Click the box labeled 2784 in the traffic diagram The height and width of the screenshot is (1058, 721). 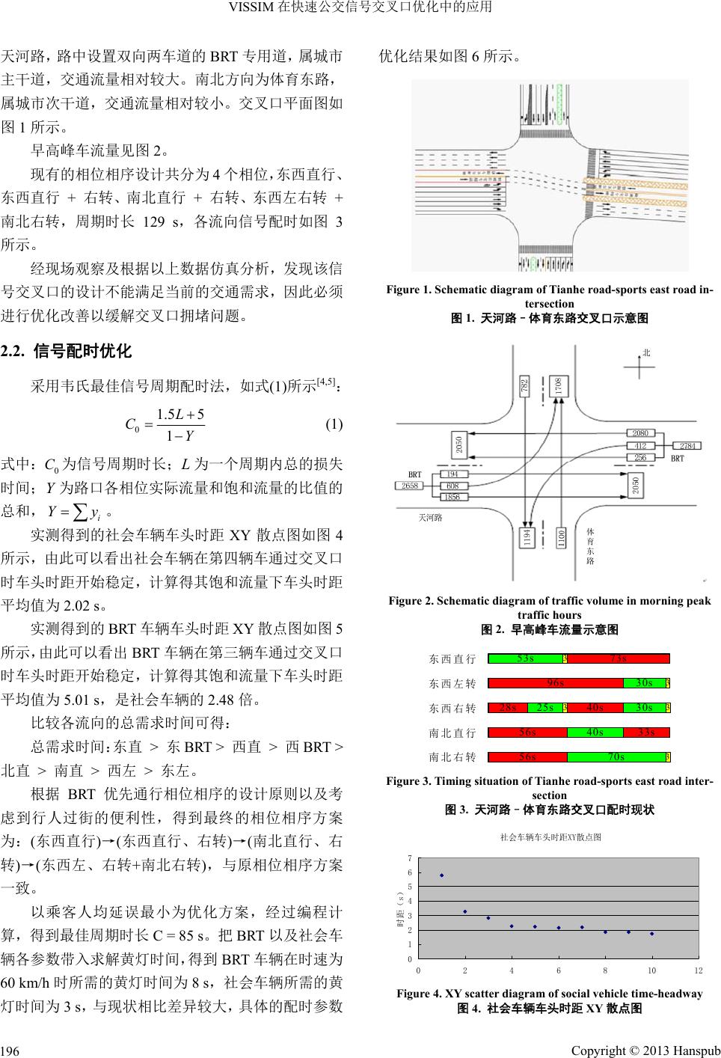tap(687, 446)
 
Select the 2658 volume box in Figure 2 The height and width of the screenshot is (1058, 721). tap(410, 486)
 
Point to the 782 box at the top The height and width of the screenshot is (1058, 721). tap(525, 386)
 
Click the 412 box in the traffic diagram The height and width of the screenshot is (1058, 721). tap(640, 446)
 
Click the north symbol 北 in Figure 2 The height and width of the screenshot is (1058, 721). tap(646, 352)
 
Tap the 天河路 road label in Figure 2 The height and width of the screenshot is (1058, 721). tap(430, 517)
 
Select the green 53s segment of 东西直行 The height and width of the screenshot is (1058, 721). tap(525, 658)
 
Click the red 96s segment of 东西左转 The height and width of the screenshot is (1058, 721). tap(555, 682)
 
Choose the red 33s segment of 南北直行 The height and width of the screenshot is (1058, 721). tap(646, 732)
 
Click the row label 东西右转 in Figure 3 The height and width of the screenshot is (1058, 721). tap(452, 708)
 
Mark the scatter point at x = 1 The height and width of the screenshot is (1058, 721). tap(441, 875)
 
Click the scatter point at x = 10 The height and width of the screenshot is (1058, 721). tap(651, 933)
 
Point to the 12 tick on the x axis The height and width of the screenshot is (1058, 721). tap(699, 970)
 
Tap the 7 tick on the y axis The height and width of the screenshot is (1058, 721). tap(409, 858)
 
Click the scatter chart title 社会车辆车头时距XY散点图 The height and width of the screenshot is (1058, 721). tap(550, 837)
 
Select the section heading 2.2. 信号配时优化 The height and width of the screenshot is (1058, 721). tap(67, 350)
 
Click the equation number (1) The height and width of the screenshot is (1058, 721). tap(334, 424)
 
